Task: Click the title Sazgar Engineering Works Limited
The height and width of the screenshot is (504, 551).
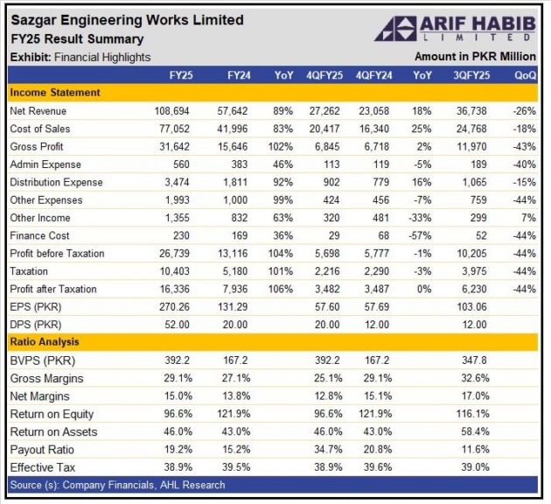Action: [127, 19]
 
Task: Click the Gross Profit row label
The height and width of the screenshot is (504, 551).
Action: [38, 147]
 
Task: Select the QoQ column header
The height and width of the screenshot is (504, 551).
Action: [525, 76]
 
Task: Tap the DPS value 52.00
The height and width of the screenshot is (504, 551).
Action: [180, 325]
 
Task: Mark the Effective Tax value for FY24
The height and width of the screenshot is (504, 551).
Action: [236, 467]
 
